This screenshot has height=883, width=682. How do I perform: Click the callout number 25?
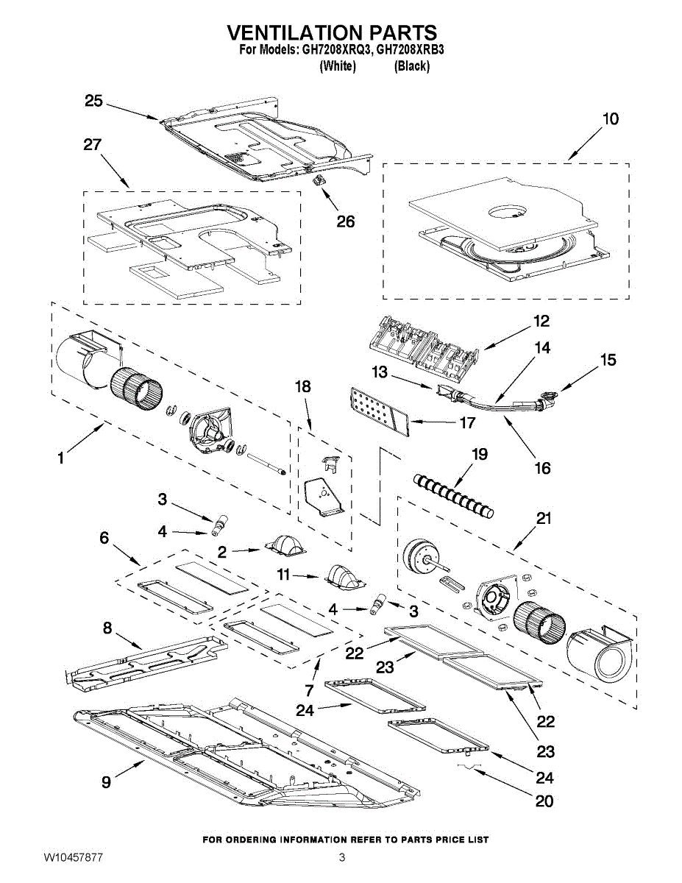click(x=93, y=101)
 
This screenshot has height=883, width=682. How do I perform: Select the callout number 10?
click(x=610, y=119)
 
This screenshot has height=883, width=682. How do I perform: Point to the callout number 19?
click(x=479, y=455)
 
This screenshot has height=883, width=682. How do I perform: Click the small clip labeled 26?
click(x=320, y=180)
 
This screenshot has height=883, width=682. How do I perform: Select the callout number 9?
click(x=107, y=782)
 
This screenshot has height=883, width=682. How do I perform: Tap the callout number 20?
click(x=544, y=801)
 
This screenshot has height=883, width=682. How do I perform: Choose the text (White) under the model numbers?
click(x=338, y=66)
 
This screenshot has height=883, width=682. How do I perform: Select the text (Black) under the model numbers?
click(x=412, y=66)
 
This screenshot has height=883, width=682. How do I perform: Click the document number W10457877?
click(x=73, y=857)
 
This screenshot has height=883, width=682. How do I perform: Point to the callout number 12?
click(x=541, y=322)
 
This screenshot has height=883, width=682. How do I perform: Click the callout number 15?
click(x=608, y=361)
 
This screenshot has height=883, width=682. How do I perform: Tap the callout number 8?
click(x=107, y=628)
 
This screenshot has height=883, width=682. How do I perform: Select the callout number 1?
click(x=60, y=458)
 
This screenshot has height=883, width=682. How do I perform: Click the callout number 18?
click(x=303, y=387)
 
